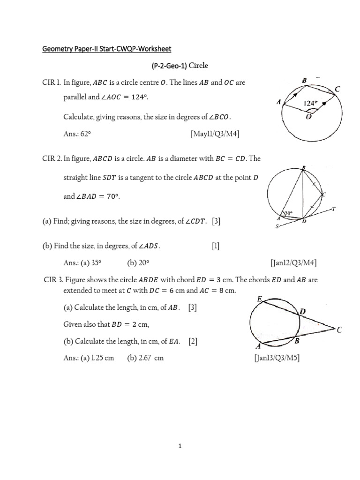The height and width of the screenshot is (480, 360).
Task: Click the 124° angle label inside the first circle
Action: pos(311,103)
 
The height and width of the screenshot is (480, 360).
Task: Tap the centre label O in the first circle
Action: pos(309,117)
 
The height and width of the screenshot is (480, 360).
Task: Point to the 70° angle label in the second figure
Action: pos(288,213)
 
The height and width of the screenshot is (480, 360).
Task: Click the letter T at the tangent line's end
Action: pos(334,209)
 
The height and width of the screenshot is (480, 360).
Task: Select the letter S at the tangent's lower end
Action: pos(277,227)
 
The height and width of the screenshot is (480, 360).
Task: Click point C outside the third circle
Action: pos(339,330)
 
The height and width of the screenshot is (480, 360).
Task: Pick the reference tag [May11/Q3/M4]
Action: pos(215,134)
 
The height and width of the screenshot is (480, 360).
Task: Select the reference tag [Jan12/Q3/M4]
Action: pos(293,263)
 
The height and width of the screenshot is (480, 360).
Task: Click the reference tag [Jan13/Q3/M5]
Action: pos(277,358)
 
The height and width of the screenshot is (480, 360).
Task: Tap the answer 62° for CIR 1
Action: pos(86,134)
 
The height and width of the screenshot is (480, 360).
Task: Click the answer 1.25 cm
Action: pos(103,358)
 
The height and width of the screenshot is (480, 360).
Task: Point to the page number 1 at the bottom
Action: pos(180,446)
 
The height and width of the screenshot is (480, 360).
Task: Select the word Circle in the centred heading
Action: pos(198,66)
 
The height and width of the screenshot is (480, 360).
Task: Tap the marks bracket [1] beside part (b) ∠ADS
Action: pos(216,246)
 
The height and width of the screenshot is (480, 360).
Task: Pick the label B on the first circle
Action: pos(304,81)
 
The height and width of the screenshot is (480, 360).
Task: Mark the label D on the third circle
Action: pos(302,312)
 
